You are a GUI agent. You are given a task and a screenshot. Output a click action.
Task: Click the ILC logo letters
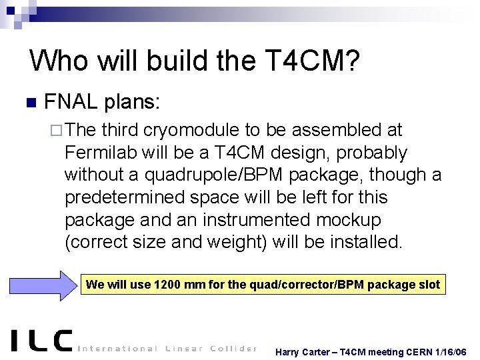click(x=42, y=341)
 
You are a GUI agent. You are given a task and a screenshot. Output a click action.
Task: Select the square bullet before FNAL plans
click(x=29, y=103)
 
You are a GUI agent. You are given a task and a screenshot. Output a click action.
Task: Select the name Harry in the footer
click(x=290, y=351)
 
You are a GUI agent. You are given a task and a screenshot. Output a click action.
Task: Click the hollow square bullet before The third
click(x=57, y=131)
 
